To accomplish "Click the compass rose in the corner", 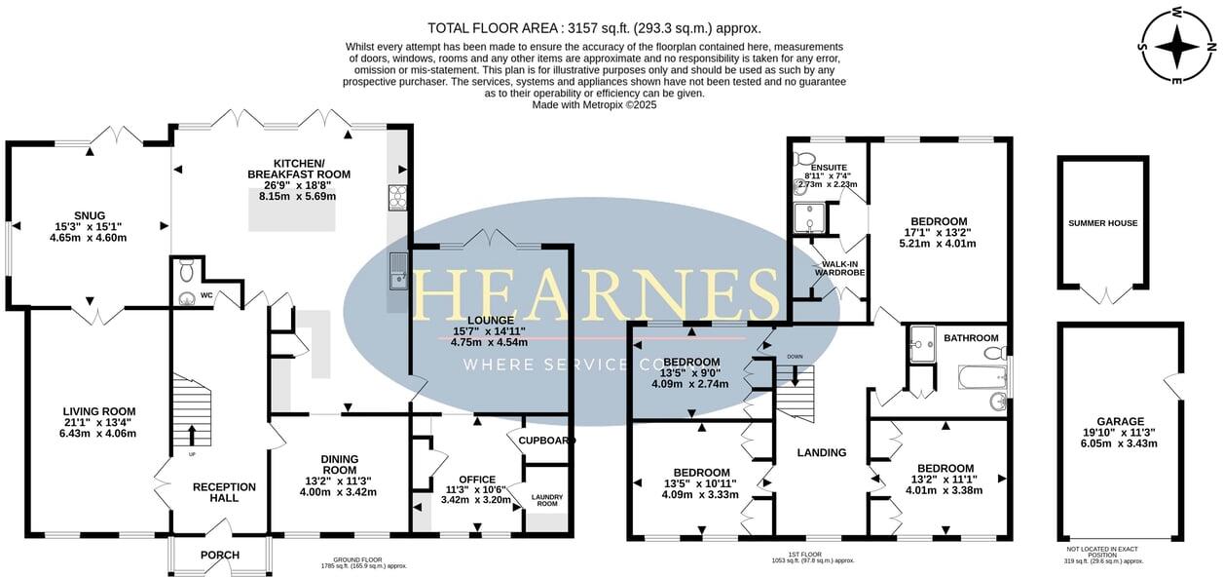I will click(1177, 46).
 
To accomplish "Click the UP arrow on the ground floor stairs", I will click(191, 435).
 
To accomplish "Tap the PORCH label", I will click(220, 556).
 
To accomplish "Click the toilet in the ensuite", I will click(804, 157).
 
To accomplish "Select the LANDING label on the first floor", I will click(821, 452).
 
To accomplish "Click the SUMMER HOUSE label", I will click(1102, 223).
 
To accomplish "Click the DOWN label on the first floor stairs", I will click(795, 357).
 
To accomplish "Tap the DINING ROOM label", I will click(339, 465).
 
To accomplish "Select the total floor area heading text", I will click(594, 28).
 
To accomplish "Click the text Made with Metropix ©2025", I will click(594, 104).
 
